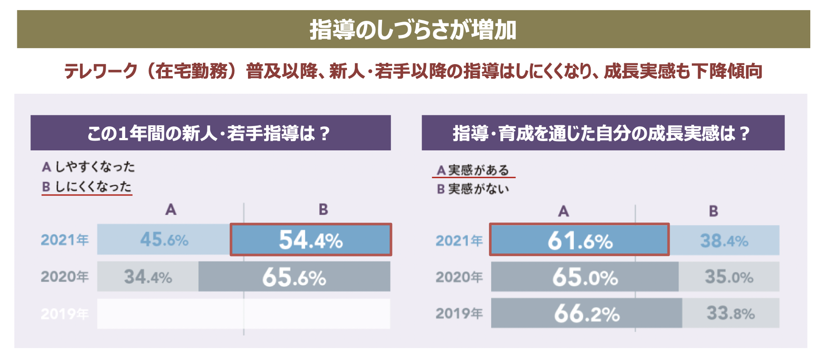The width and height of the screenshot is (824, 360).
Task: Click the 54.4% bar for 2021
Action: point(311,240)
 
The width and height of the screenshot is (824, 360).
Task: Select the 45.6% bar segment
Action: point(164,240)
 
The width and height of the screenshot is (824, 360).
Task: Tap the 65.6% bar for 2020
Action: point(294,277)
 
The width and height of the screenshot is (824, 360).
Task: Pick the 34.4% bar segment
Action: point(148,277)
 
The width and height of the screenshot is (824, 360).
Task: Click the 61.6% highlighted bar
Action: point(579,240)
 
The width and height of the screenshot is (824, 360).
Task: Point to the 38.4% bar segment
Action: point(724,240)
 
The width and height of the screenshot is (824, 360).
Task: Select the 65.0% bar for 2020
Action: point(584,277)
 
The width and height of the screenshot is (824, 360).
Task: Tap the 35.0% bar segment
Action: point(729,277)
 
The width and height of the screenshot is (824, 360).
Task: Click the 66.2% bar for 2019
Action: point(586,313)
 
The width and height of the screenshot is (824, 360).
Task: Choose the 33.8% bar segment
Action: point(730,313)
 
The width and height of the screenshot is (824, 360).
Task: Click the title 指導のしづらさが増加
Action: point(413,30)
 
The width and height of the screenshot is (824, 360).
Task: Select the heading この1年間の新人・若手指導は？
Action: point(210,133)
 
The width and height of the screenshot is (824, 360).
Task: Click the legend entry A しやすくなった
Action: point(88,167)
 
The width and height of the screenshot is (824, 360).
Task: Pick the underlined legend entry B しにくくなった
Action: point(87,187)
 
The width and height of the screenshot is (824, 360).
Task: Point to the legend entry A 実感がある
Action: point(473,170)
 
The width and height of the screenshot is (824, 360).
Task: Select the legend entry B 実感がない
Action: point(473,189)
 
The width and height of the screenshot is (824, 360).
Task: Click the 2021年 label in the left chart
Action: point(65,240)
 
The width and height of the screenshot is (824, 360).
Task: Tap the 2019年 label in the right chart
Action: point(459,313)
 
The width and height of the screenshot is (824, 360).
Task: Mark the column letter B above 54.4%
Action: point(324,209)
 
